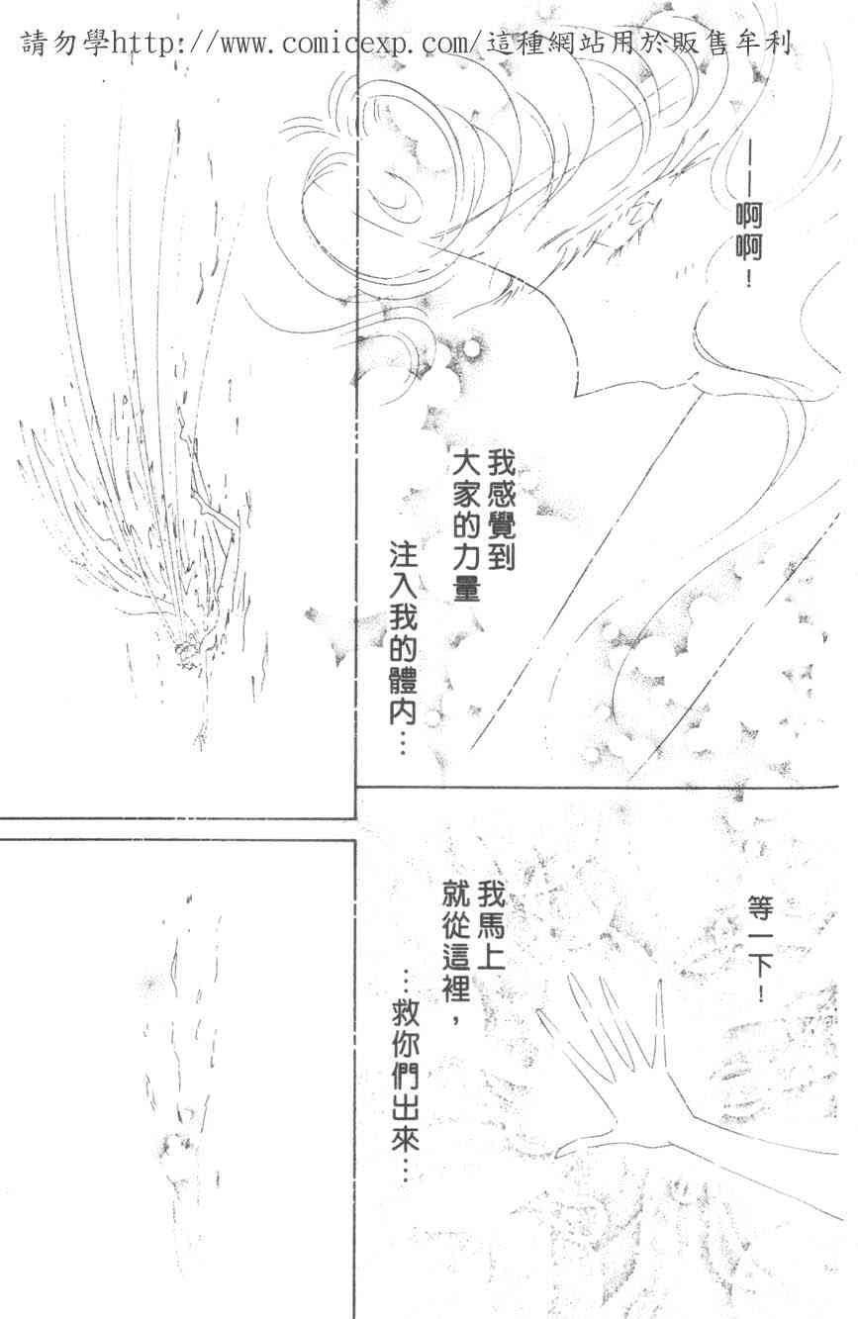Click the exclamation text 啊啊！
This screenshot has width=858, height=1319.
tap(748, 245)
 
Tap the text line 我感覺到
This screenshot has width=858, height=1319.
tap(501, 513)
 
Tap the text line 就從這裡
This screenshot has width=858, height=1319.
tap(456, 948)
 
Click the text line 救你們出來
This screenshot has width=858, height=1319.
tap(406, 1078)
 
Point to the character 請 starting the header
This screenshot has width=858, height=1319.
tap(35, 44)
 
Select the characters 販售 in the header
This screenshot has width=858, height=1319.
tap(700, 44)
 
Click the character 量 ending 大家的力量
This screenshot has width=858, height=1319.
tap(467, 587)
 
